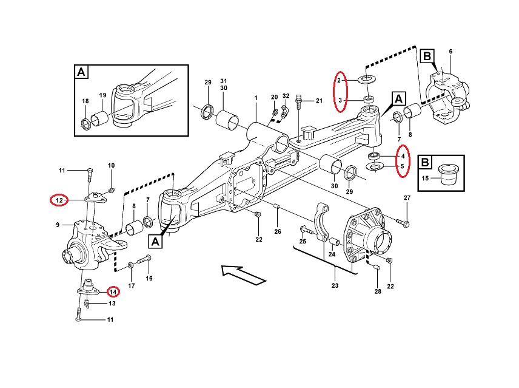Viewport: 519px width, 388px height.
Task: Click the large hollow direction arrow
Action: pyautogui.click(x=243, y=274)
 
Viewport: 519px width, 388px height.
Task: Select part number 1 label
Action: pyautogui.click(x=256, y=98)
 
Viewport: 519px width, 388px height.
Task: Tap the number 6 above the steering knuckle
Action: pyautogui.click(x=450, y=51)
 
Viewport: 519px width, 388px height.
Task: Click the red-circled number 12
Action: pyautogui.click(x=59, y=200)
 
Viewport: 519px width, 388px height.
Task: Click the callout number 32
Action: pyautogui.click(x=286, y=97)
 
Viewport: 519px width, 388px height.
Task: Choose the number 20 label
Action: pyautogui.click(x=274, y=97)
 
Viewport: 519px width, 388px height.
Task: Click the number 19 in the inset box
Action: pyautogui.click(x=102, y=95)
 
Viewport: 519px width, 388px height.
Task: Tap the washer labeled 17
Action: pyautogui.click(x=132, y=265)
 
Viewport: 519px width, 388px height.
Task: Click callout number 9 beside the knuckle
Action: pyautogui.click(x=58, y=225)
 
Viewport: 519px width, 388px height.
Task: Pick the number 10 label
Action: pyautogui.click(x=111, y=166)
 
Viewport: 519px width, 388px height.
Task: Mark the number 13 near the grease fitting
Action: pyautogui.click(x=112, y=303)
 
